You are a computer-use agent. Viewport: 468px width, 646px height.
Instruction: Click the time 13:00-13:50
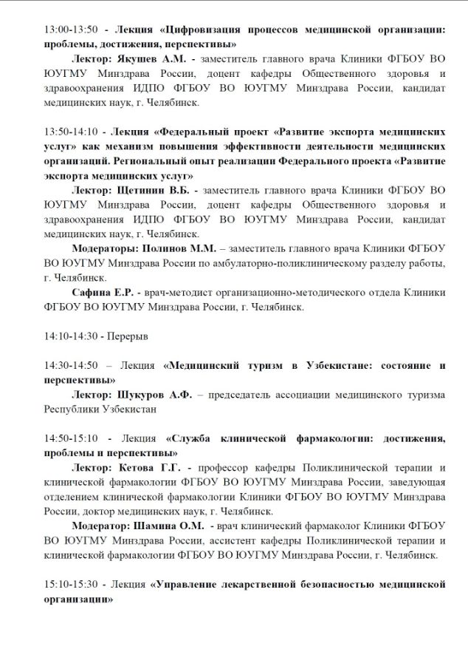(71, 30)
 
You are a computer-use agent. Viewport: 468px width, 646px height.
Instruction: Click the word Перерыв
(129, 336)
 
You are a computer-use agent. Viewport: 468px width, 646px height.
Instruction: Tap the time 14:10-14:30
(71, 336)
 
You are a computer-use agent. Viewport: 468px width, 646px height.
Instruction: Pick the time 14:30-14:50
(71, 365)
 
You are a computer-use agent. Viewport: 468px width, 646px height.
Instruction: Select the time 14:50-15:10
(71, 438)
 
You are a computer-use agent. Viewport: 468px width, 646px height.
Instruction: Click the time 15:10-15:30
(71, 584)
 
